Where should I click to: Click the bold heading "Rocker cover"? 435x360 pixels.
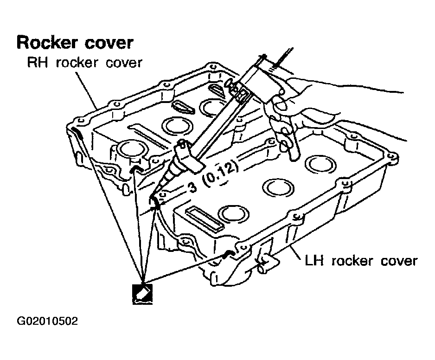point(75,43)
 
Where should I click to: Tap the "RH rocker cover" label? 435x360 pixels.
point(85,63)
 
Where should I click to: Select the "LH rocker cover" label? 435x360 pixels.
point(361,261)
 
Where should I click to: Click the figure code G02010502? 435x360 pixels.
point(47,321)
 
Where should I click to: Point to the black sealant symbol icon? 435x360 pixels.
point(142,294)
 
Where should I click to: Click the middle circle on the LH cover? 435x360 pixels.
point(278,187)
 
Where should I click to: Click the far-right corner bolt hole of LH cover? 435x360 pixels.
point(391,157)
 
